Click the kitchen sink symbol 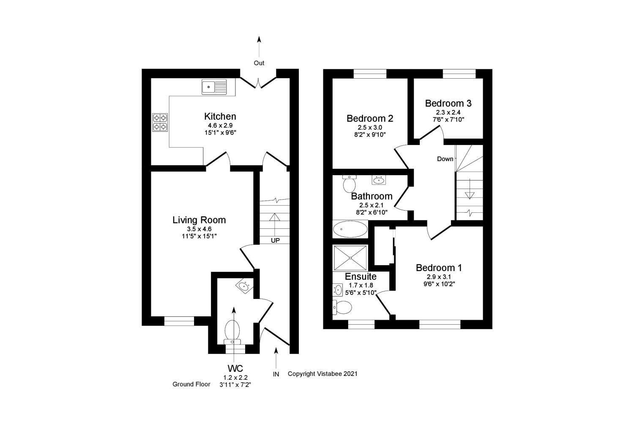(214, 87)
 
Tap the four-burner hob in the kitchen (160, 122)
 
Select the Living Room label (199, 220)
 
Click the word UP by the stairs (275, 241)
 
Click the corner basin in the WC (243, 286)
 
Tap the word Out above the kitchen (259, 63)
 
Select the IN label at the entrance (276, 374)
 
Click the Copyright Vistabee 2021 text (322, 374)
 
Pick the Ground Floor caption (191, 384)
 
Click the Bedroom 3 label (448, 103)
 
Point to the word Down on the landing (445, 159)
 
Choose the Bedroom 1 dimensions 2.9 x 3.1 (439, 277)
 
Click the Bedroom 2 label (370, 118)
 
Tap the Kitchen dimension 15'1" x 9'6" (220, 133)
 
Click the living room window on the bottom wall (179, 321)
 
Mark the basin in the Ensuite (338, 290)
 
